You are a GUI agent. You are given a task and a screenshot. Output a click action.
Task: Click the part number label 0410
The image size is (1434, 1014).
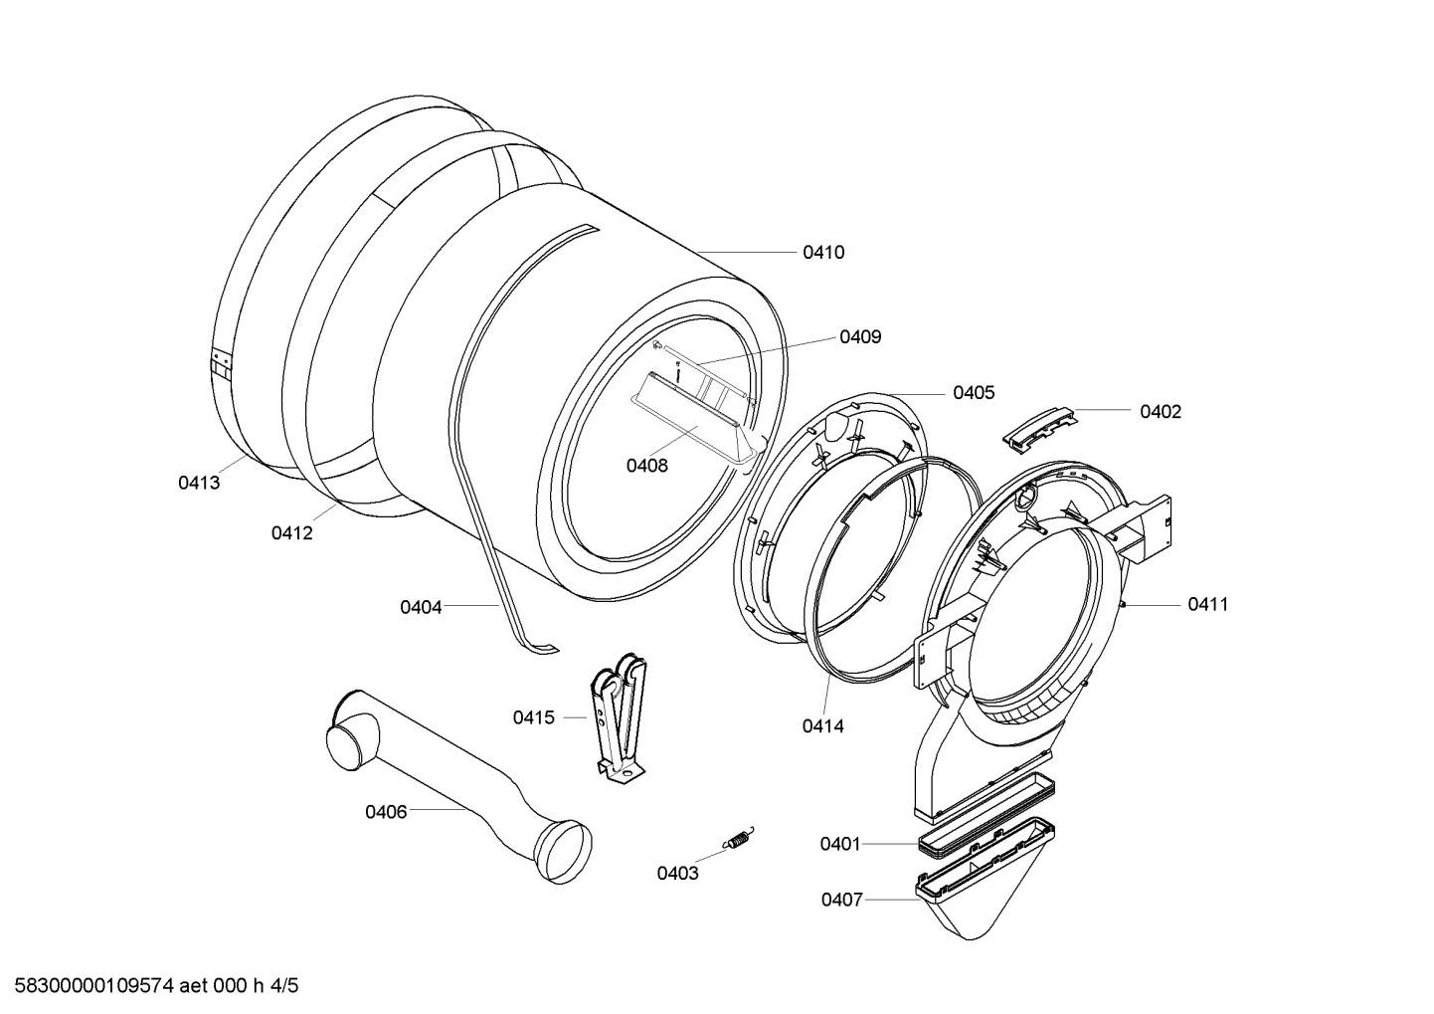(x=823, y=253)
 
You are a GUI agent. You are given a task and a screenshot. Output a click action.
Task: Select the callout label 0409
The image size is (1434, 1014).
(x=860, y=337)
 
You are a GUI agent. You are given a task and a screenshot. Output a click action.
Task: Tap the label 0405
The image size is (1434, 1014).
(x=974, y=393)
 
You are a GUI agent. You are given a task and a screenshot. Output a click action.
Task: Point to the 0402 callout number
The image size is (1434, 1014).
(x=1161, y=412)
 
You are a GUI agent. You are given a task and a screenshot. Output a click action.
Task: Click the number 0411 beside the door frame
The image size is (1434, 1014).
(x=1207, y=604)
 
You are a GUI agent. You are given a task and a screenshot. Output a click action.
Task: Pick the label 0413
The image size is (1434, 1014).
(x=199, y=484)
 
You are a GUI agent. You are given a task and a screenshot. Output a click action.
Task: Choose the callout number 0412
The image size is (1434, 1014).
(x=291, y=533)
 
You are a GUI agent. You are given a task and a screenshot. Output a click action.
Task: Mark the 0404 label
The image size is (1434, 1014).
(x=421, y=607)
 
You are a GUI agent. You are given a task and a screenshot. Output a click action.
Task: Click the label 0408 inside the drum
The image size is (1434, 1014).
(x=646, y=466)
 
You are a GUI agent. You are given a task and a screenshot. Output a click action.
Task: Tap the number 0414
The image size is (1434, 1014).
(x=822, y=726)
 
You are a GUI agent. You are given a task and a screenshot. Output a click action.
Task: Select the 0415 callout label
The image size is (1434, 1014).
(x=534, y=717)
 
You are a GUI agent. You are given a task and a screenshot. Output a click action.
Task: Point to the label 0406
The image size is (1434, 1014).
(x=386, y=812)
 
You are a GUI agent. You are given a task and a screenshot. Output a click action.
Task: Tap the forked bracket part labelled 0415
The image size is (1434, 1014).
(x=620, y=716)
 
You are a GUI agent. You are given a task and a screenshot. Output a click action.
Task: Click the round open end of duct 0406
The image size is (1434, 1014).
(x=562, y=852)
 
